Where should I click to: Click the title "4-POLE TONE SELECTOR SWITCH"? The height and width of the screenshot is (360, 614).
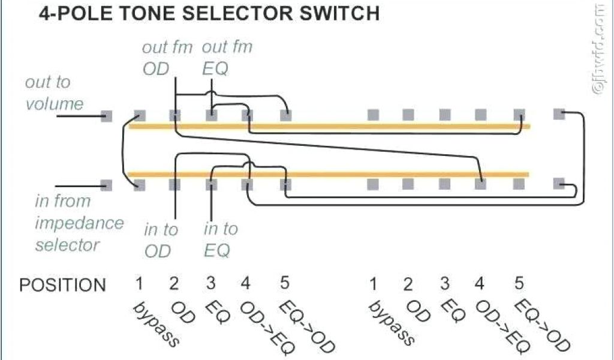(x=209, y=13)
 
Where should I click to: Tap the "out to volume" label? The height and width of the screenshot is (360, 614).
(x=54, y=93)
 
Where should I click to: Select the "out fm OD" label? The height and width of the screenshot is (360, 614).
(x=166, y=58)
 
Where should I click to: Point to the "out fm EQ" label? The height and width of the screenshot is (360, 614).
(x=226, y=58)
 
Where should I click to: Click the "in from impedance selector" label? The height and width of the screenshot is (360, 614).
(x=78, y=223)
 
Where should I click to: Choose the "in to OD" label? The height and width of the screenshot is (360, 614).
(x=160, y=239)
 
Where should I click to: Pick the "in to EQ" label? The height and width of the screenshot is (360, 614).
(x=220, y=239)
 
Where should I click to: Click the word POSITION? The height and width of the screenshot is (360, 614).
(x=62, y=284)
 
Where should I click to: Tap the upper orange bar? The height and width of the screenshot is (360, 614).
(x=330, y=127)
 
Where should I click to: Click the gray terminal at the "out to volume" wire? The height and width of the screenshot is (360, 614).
(x=107, y=116)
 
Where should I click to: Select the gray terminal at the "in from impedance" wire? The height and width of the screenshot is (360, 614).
(x=107, y=185)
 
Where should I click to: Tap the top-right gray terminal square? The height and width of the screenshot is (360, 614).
(x=559, y=113)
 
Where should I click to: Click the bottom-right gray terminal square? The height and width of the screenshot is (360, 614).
(x=559, y=184)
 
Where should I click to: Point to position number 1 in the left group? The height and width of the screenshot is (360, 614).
(x=139, y=283)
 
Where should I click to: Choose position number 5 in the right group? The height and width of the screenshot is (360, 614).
(x=519, y=283)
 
